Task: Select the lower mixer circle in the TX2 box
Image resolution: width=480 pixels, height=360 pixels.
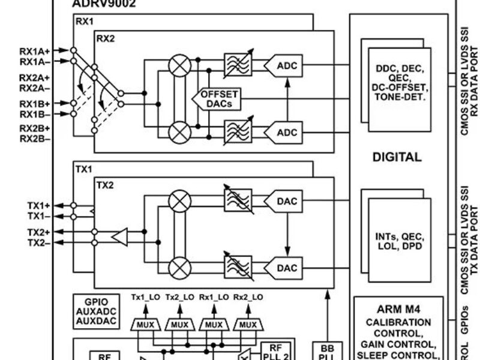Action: tap(178, 266)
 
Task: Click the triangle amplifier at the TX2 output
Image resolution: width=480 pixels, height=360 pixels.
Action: tap(119, 239)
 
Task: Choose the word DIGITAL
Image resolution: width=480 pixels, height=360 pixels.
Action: tap(397, 157)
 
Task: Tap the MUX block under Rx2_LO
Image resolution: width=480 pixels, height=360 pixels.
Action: tap(248, 325)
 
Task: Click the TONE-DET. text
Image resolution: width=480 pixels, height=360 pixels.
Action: tap(398, 95)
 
